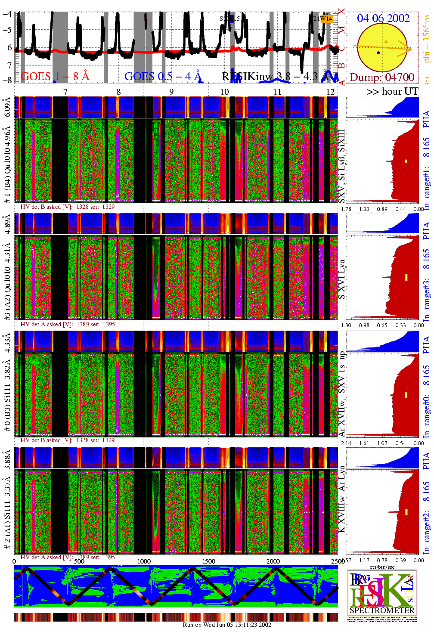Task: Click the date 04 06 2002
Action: (383, 18)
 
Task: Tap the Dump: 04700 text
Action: (382, 77)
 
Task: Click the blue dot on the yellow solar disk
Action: (378, 53)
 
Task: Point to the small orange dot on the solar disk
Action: (386, 42)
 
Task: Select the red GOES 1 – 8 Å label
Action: (55, 76)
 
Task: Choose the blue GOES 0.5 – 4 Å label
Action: (163, 76)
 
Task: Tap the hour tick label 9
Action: (171, 92)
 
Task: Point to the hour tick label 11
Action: (277, 92)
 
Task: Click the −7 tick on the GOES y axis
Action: (7, 65)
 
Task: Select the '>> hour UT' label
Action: (392, 91)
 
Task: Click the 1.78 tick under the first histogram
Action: (346, 209)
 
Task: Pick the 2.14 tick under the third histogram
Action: (346, 443)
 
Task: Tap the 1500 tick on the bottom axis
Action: (209, 561)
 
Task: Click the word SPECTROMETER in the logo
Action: (381, 610)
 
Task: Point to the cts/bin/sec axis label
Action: (382, 567)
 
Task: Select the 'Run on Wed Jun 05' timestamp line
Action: (227, 625)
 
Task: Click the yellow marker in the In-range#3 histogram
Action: (406, 277)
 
